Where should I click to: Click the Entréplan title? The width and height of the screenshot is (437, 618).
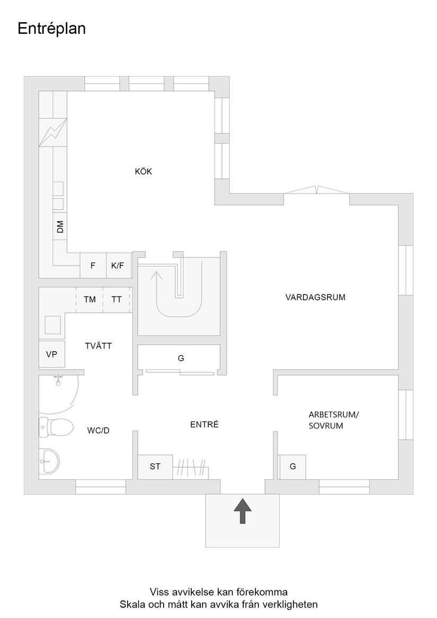pos(51,29)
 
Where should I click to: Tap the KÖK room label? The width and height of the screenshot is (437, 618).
pos(143,172)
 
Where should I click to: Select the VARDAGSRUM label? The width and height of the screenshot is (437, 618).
pos(315,297)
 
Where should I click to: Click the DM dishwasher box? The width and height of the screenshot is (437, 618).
pos(60,227)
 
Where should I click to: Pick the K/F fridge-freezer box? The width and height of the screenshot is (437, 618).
pos(118,266)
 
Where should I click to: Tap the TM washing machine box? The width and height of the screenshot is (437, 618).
pos(90,300)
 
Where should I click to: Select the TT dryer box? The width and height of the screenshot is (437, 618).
pos(117,300)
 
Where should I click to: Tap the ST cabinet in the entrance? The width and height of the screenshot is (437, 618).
pos(155,467)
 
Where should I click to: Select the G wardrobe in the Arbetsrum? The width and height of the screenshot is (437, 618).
pos(292,467)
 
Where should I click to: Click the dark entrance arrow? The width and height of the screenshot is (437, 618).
pos(243,510)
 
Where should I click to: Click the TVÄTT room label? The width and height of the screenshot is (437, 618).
pos(99,346)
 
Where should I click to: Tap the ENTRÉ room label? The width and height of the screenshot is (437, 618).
pos(204,425)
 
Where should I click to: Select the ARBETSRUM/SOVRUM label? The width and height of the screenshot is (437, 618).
pos(333,420)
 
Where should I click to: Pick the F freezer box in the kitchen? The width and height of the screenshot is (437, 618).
pos(93,266)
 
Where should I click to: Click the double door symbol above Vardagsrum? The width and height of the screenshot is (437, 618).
pos(316,191)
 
